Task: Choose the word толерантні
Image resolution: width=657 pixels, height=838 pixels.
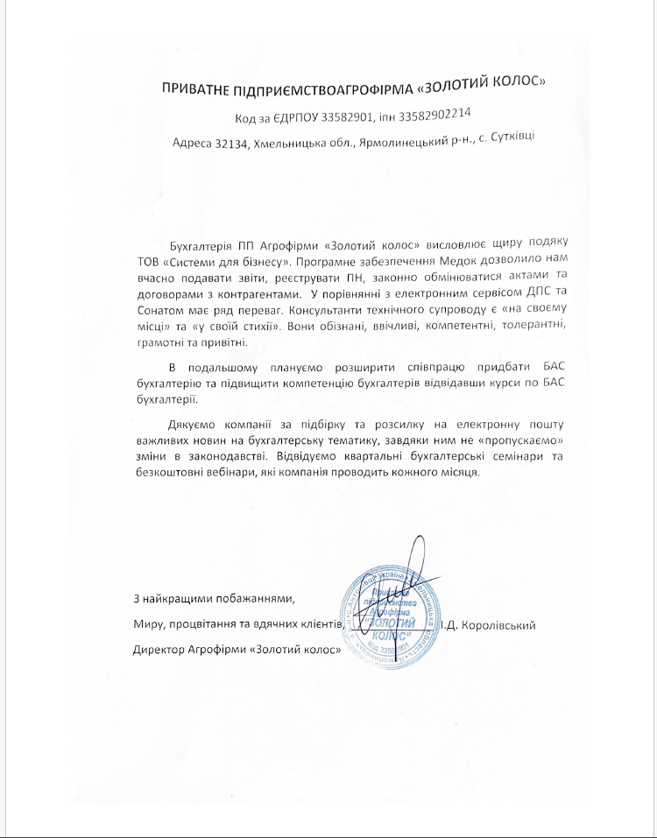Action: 493,327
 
